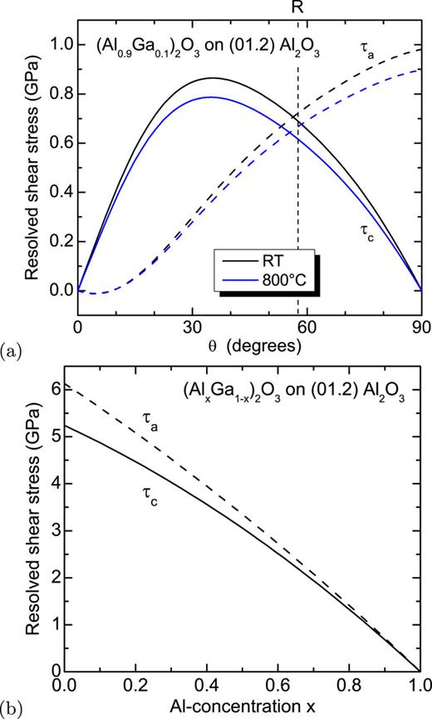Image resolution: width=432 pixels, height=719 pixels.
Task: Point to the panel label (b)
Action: point(12,711)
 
